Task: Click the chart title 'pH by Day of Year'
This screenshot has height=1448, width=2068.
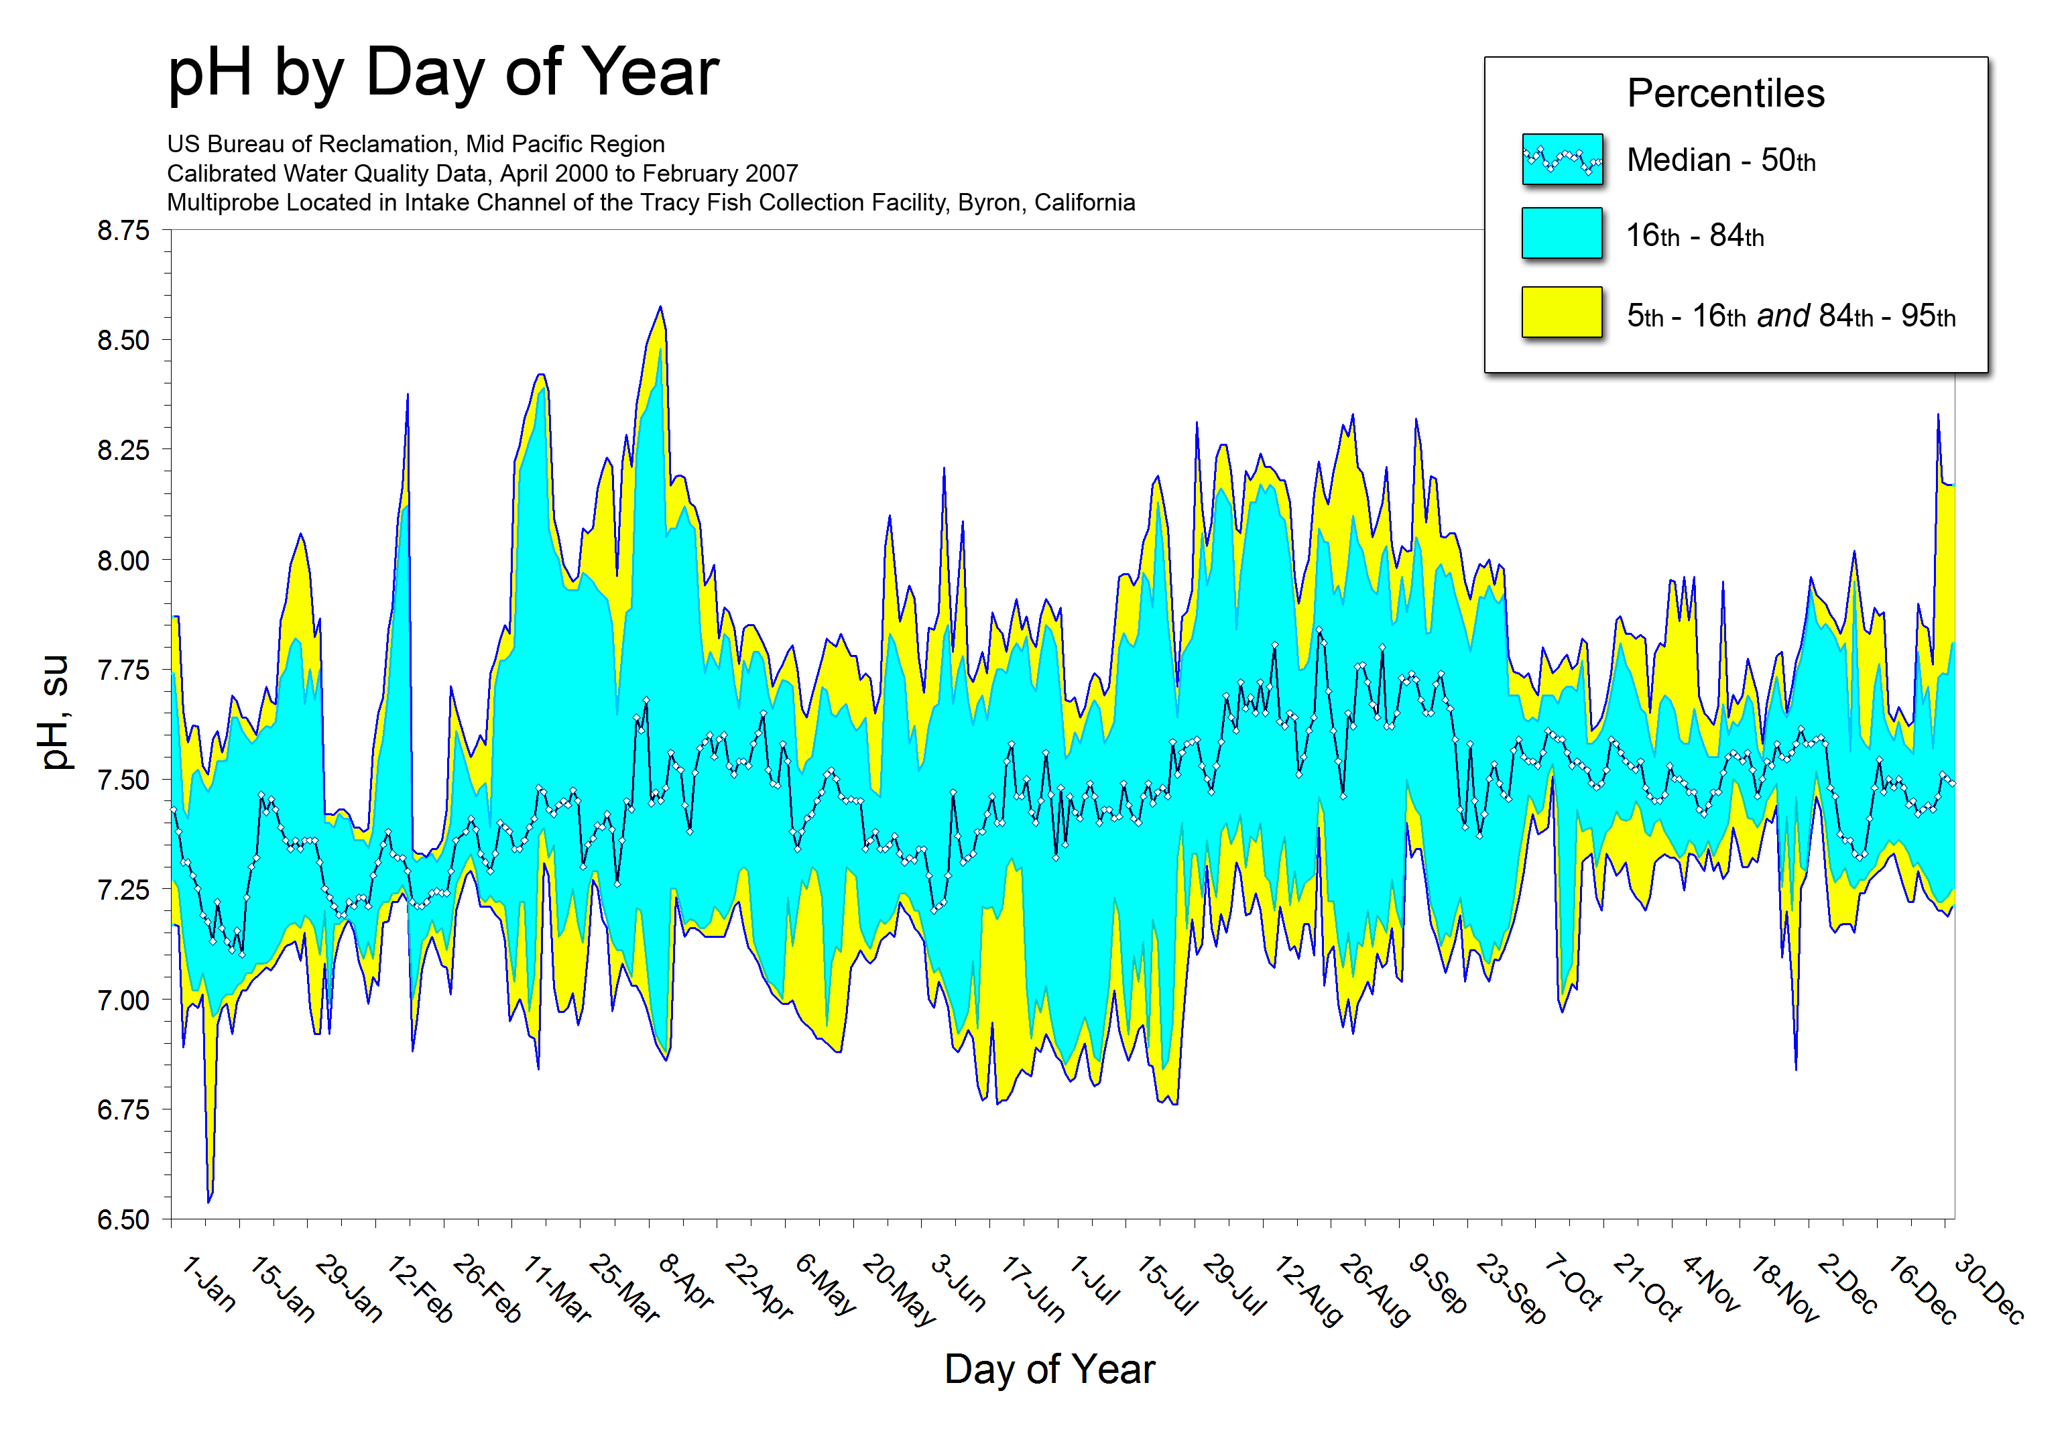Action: pos(443,72)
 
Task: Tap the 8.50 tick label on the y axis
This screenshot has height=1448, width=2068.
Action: pos(123,341)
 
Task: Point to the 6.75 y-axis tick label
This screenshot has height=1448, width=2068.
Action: pos(123,1109)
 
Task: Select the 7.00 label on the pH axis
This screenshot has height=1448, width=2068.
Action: pos(123,1000)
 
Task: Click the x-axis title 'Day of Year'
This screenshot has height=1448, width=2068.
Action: pos(1049,1370)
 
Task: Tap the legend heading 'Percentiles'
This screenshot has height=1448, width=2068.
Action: pos(1725,94)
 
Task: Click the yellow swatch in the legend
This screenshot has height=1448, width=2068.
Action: pos(1562,312)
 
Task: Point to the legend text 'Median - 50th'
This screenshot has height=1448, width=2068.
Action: pos(1720,160)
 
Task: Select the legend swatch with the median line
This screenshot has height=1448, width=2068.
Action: pos(1562,160)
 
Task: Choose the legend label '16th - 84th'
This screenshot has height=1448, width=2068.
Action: pos(1694,236)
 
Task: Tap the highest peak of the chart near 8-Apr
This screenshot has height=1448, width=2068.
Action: pos(660,307)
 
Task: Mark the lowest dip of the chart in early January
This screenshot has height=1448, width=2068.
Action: pos(209,1201)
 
